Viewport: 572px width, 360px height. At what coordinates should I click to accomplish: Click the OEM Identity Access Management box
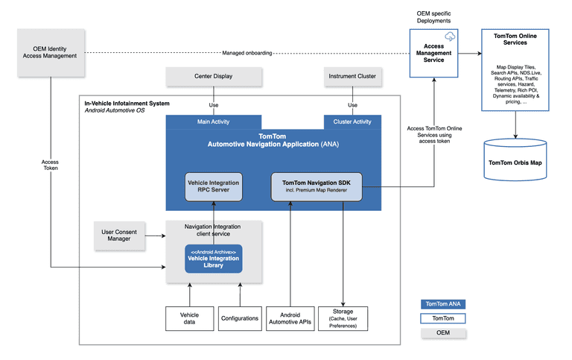50,52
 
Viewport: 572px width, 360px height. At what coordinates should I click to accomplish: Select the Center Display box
214,76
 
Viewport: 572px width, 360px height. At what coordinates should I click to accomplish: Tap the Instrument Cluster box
352,76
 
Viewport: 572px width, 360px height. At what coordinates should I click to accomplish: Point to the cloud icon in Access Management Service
449,37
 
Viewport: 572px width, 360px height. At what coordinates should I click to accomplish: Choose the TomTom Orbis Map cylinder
515,160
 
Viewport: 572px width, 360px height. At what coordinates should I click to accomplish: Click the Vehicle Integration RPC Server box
214,186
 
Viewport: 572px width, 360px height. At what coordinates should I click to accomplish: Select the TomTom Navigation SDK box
316,186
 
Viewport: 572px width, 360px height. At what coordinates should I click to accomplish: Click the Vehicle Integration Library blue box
214,258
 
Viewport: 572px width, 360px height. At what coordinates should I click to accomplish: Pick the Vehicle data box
190,318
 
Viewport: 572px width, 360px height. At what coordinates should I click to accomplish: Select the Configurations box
240,318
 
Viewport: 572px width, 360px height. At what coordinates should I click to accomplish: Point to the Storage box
343,318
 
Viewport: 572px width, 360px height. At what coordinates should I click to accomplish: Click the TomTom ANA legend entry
444,304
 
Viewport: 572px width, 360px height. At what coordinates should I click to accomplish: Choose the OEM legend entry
444,333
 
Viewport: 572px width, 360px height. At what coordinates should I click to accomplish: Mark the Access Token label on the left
51,164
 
